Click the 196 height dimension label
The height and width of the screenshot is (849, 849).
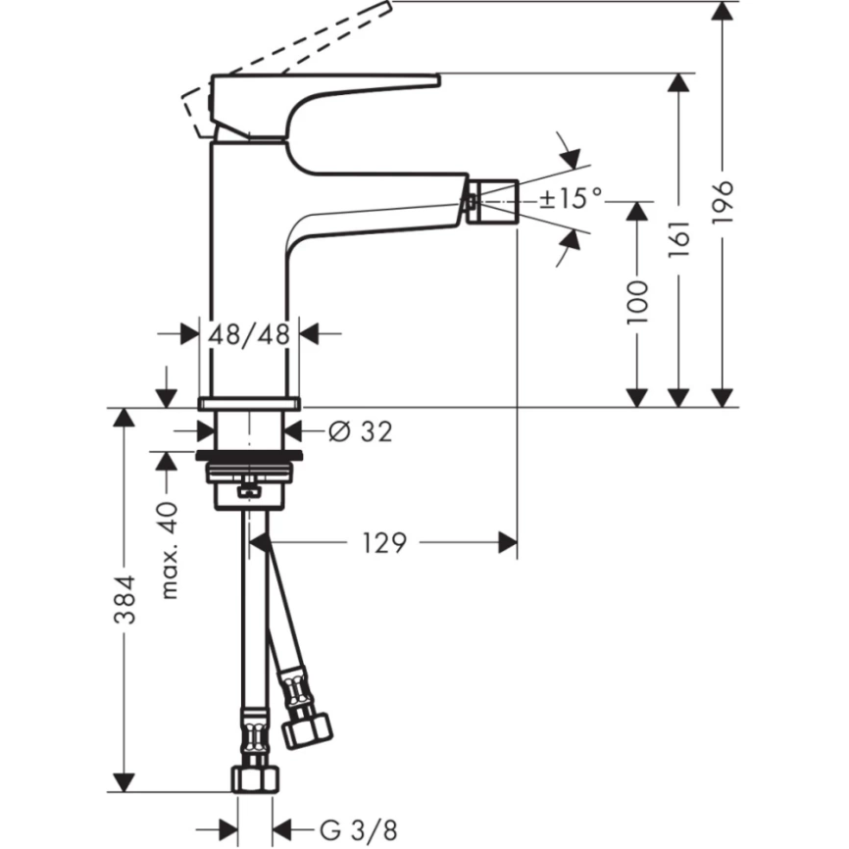(x=723, y=202)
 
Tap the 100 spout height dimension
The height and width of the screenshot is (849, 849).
(x=638, y=301)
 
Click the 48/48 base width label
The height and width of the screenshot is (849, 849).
(x=250, y=334)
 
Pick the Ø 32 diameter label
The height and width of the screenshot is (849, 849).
(x=359, y=430)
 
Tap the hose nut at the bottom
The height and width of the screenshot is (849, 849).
(x=253, y=778)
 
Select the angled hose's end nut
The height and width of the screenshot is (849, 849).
(x=306, y=726)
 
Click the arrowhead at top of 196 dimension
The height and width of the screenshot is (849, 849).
(x=724, y=13)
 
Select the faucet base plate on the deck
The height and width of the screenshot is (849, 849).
(x=249, y=403)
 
